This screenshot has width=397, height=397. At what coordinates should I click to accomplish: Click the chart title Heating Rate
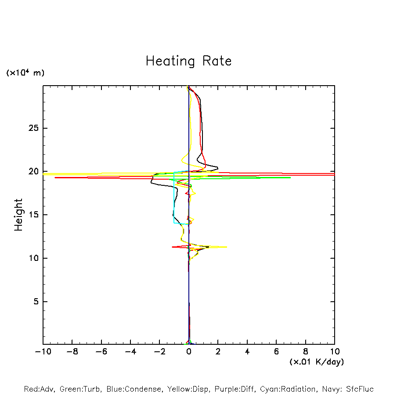click(188, 61)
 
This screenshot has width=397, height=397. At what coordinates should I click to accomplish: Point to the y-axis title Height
click(18, 215)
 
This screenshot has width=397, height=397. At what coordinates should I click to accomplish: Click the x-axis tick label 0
click(189, 352)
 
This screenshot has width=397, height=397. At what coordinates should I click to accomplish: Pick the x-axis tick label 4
click(247, 352)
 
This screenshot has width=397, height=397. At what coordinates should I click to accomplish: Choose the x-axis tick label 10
click(335, 352)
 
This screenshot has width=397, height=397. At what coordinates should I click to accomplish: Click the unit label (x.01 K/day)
click(317, 362)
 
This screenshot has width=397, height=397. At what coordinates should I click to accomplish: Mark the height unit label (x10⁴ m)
click(25, 73)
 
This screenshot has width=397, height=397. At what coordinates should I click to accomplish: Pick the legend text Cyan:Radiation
click(288, 389)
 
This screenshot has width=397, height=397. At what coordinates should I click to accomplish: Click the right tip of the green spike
click(290, 177)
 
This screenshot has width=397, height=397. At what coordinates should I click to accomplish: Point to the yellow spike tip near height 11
click(227, 247)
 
